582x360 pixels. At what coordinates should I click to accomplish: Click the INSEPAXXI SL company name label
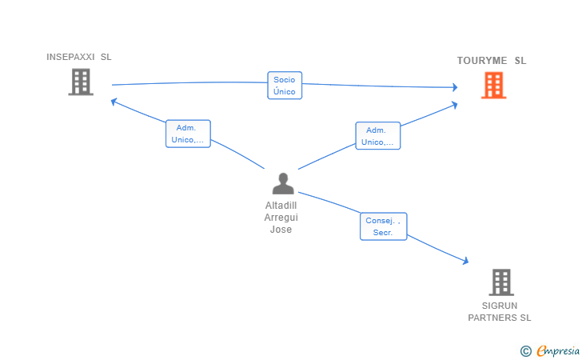pos(78,57)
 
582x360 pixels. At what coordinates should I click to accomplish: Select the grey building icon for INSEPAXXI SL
pos(81,82)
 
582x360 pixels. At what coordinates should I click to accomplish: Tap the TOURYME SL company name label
pos(492,61)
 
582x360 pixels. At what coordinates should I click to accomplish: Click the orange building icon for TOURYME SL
pos(494,86)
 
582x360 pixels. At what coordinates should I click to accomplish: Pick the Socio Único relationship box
pos(285,86)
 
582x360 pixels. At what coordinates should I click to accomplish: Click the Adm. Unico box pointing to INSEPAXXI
pos(188,134)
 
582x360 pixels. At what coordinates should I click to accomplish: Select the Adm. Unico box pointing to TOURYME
pos(378,136)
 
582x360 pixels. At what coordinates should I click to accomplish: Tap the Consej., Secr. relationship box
pos(384,226)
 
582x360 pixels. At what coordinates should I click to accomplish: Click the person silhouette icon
pos(283,183)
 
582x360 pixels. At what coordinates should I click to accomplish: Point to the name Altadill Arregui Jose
pos(281,218)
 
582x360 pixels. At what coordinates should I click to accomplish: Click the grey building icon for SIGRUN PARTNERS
pos(501,282)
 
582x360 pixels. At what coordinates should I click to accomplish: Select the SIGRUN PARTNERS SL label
pos(500,312)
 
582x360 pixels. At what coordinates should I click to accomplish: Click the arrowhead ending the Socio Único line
pos(455,87)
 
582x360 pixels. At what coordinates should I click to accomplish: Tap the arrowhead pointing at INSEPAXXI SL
pos(114,101)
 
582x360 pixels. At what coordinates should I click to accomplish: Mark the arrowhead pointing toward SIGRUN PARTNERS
pos(465,261)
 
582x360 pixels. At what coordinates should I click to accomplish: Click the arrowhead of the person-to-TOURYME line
pos(454,105)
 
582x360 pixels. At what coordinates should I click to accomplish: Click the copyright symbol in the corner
pos(525,351)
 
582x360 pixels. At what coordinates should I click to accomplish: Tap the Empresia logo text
pos(558,351)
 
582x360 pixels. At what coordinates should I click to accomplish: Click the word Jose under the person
pos(281,230)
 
